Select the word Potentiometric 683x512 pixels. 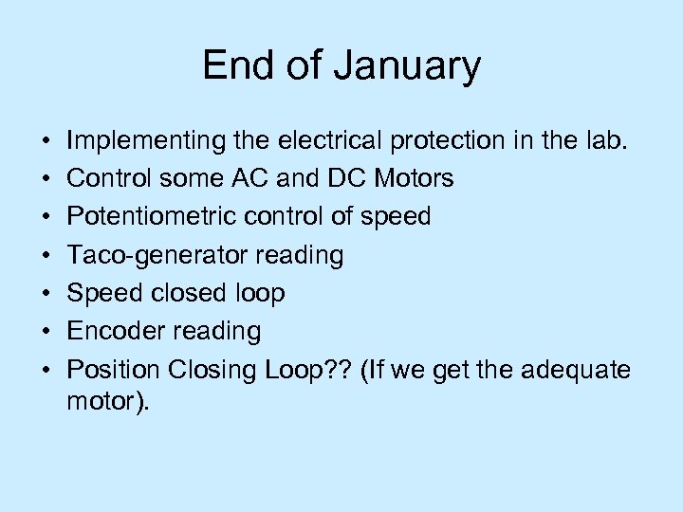tap(156, 216)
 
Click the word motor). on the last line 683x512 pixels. tap(108, 400)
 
